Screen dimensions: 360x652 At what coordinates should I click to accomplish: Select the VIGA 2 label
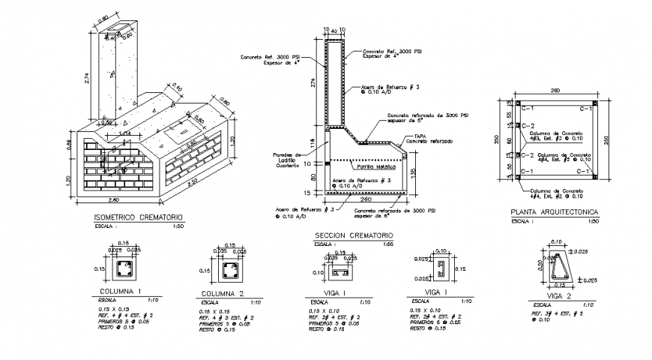tap(558, 297)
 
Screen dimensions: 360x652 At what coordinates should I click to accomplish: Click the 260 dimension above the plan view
tap(554, 91)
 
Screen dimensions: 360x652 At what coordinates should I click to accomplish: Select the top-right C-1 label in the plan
tap(586, 109)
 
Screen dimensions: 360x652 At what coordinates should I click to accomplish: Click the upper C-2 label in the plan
tap(528, 126)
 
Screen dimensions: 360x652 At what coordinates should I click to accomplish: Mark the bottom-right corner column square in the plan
tap(593, 178)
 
